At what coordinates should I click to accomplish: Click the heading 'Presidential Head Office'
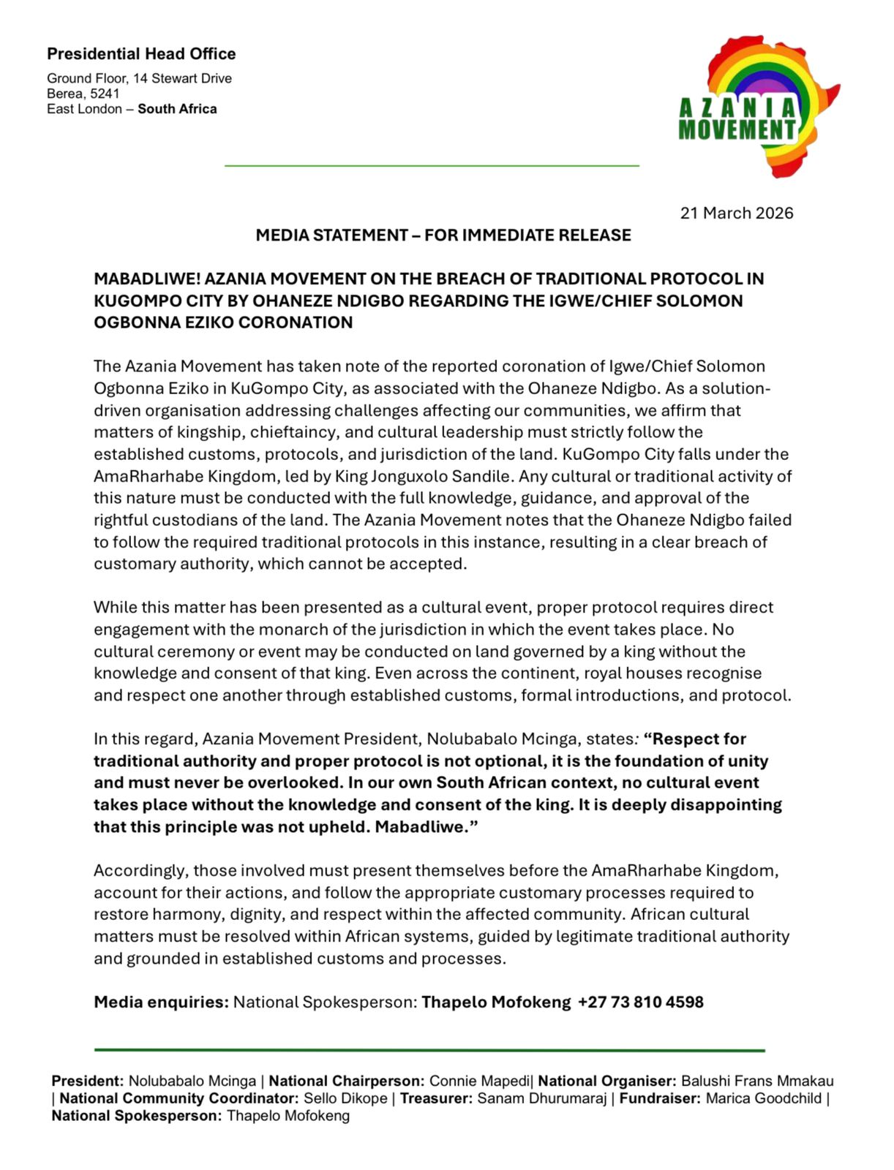(x=141, y=54)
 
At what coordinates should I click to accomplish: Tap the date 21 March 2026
(x=736, y=213)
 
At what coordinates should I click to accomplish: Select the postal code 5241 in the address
(x=105, y=94)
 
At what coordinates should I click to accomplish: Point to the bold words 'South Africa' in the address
(x=177, y=109)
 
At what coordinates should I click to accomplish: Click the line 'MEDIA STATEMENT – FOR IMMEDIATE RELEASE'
(x=443, y=235)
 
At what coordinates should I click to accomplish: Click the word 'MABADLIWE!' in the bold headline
(x=146, y=279)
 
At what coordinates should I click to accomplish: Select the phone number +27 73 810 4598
(x=640, y=1002)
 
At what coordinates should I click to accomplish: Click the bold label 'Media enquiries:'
(x=161, y=1002)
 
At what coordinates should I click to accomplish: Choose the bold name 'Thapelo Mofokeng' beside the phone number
(x=495, y=1002)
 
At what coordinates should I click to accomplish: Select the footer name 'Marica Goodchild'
(x=763, y=1098)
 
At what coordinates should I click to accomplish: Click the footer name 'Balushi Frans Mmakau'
(x=757, y=1081)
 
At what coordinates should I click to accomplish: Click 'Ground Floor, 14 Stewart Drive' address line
(x=139, y=78)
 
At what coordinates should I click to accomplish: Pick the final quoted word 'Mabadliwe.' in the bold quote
(x=427, y=827)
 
